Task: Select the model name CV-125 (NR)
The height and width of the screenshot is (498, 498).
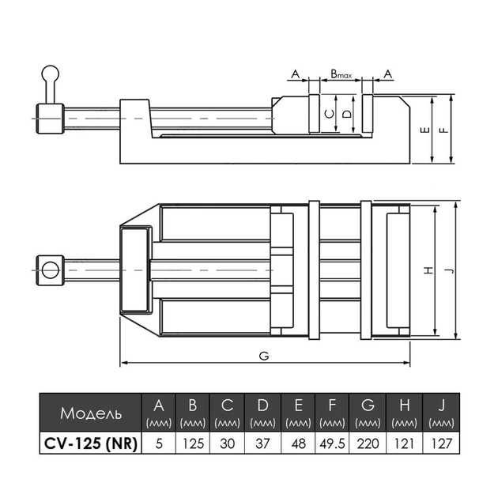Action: click(x=90, y=444)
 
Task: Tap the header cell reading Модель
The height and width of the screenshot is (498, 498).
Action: click(x=90, y=413)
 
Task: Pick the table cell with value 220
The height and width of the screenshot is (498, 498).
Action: click(x=368, y=444)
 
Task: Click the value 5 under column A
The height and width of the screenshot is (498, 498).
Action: click(x=159, y=444)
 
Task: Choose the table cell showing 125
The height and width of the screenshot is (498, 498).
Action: click(x=193, y=444)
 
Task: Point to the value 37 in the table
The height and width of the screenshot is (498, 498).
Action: click(x=262, y=444)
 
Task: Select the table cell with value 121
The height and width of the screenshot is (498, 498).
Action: click(x=403, y=444)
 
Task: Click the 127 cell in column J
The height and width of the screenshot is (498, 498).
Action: click(x=440, y=444)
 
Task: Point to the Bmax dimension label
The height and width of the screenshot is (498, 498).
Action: click(x=341, y=73)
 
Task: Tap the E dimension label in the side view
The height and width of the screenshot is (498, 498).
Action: click(x=424, y=130)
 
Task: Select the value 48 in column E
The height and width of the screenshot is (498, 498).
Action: click(x=297, y=444)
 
